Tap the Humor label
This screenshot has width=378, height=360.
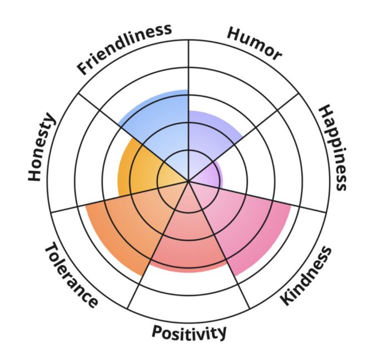[254, 43]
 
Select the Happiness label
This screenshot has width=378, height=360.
[333, 147]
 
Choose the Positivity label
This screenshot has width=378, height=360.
[190, 332]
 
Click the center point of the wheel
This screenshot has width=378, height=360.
[189, 181]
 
